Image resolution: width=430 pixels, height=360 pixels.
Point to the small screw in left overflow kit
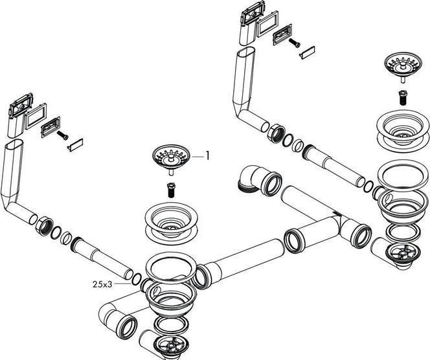pyautogui.click(x=63, y=135)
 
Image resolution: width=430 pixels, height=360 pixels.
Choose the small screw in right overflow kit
pyautogui.click(x=295, y=44)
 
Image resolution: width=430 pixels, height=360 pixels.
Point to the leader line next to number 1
pyautogui.click(x=194, y=155)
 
